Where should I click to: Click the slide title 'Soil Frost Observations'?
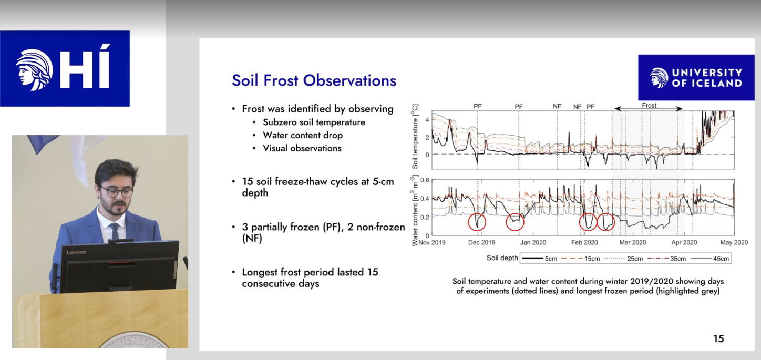[314, 81]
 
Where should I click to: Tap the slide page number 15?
[718, 338]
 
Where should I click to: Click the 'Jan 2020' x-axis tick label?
[533, 242]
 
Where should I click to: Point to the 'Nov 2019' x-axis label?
[432, 242]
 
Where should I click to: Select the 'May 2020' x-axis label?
[734, 242]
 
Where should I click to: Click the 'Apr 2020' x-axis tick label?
[684, 242]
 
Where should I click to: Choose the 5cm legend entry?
[540, 259]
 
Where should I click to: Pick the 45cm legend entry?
[710, 259]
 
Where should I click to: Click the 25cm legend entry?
[624, 259]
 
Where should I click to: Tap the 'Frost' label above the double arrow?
[649, 106]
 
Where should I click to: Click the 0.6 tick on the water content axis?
[425, 180]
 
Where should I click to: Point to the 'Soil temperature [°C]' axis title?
[415, 137]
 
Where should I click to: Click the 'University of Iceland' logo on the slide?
[696, 77]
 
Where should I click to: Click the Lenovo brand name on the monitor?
[76, 252]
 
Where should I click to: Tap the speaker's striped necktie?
[114, 231]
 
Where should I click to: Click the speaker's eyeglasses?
[117, 191]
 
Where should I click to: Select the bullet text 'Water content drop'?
[303, 135]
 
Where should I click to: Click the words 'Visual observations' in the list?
[302, 148]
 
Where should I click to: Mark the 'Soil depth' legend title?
[502, 258]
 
